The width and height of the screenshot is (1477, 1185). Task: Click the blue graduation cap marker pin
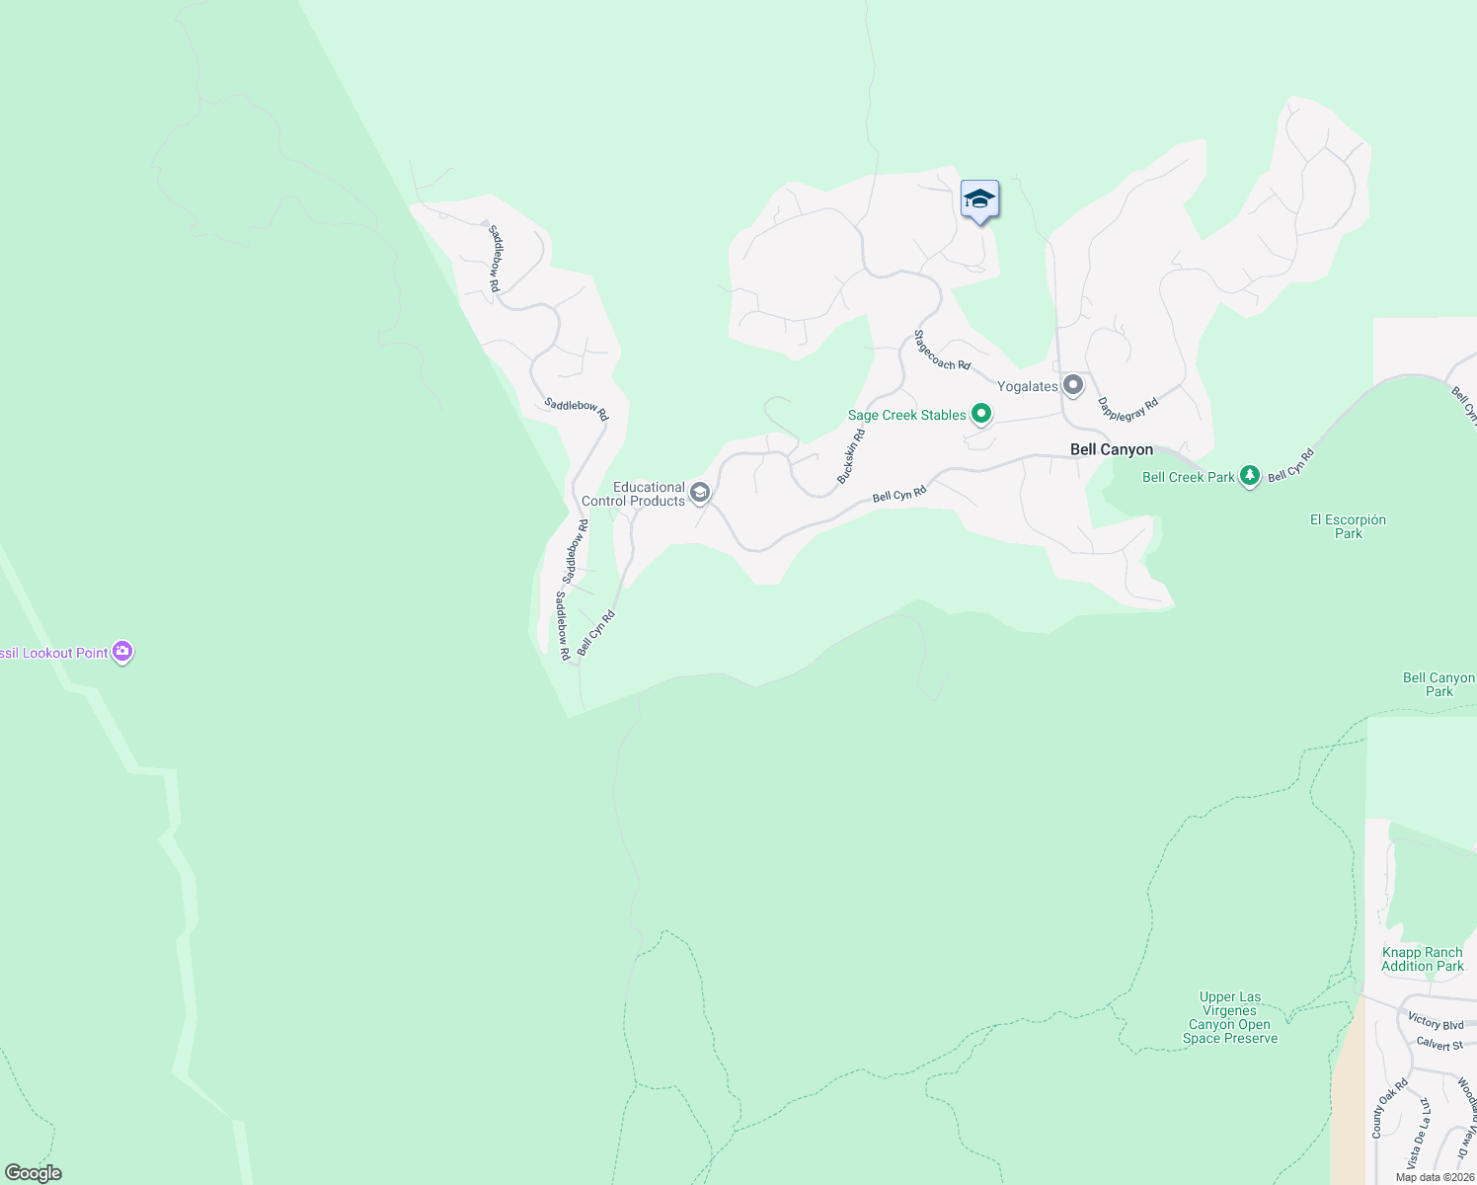coord(979,199)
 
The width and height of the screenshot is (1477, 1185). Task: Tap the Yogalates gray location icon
coord(1073,385)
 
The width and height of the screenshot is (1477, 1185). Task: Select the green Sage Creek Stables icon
coord(980,414)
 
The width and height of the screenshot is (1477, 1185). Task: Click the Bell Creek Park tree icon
coord(1250,476)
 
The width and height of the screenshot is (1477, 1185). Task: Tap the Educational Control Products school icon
coord(700,493)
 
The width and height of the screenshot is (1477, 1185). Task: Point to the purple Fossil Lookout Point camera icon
coord(122,652)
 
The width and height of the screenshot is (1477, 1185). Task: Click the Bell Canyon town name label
coord(1112,449)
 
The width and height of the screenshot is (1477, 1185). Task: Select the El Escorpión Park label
coord(1348,526)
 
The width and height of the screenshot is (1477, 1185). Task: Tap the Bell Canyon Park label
coord(1438,684)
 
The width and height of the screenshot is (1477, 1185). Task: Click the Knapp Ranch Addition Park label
coord(1422,959)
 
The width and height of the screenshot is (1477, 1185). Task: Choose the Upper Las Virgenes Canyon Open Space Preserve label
coord(1230,1017)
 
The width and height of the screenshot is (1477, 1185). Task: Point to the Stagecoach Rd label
coord(941,351)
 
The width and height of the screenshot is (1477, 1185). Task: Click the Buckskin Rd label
coord(851,456)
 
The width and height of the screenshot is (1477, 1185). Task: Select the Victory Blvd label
coord(1436,1022)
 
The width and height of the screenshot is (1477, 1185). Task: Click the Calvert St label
coord(1438,1044)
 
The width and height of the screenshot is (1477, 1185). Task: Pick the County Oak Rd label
coord(1390,1107)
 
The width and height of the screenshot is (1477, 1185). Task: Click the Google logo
coord(34,1172)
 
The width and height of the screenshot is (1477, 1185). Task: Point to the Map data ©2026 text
coord(1435,1177)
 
